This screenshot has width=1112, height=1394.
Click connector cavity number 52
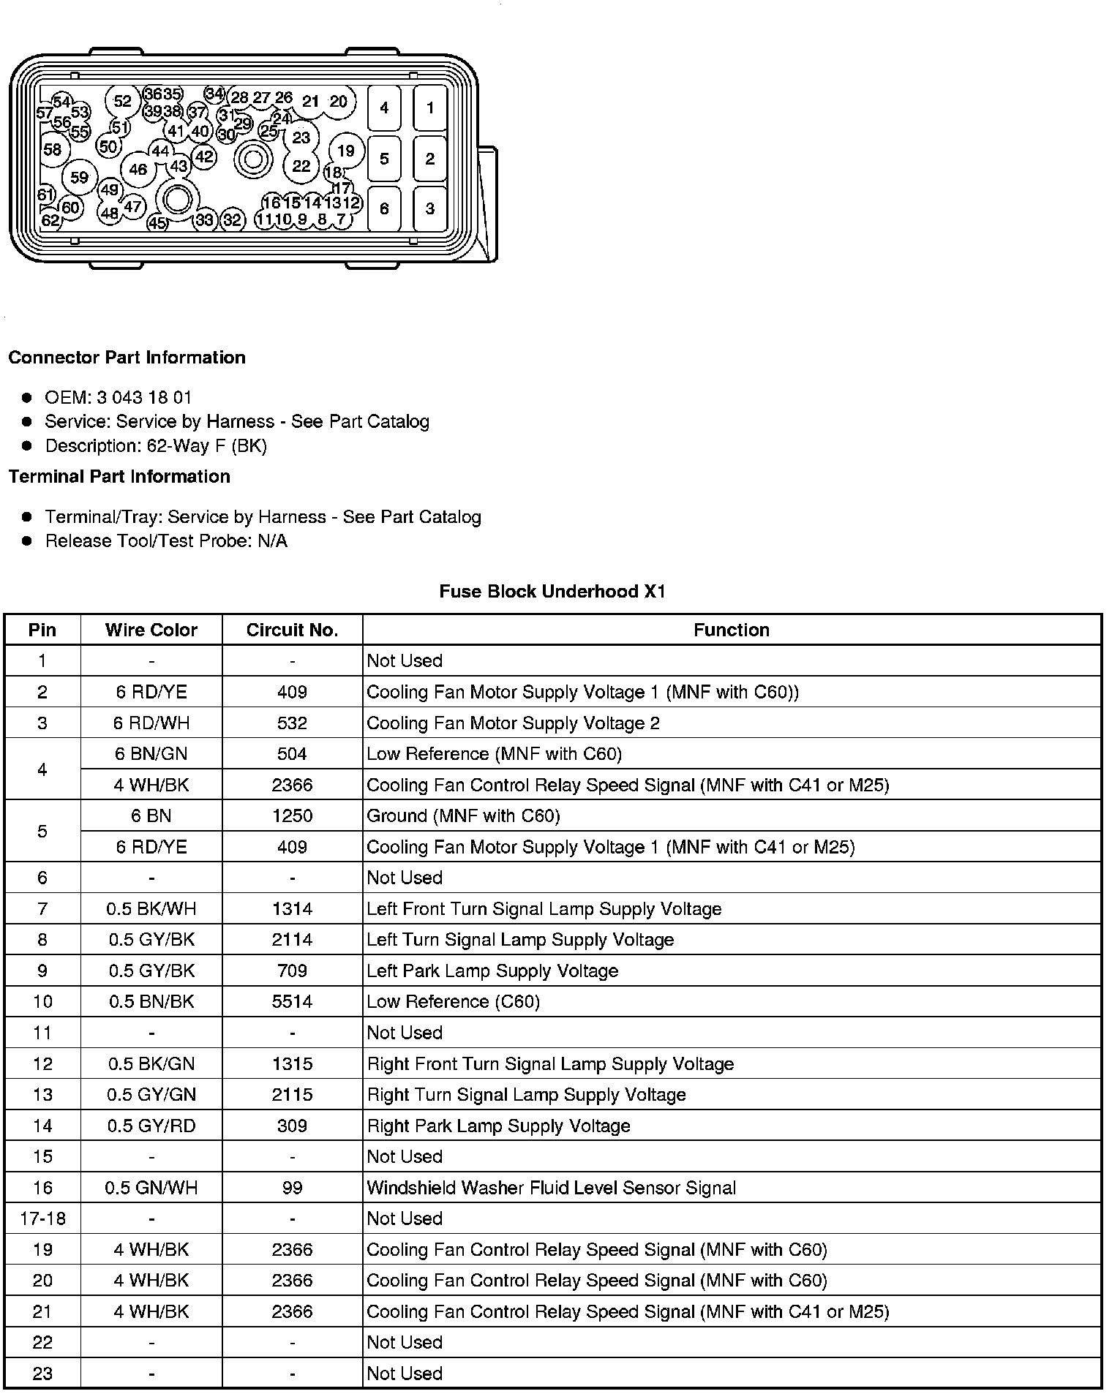coord(123,101)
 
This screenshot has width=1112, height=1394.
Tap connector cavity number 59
coord(80,177)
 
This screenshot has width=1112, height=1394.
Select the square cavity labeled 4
coord(384,108)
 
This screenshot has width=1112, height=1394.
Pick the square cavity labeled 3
coord(430,209)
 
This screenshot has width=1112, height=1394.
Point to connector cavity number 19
coord(345,151)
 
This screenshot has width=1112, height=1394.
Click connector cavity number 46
coord(138,170)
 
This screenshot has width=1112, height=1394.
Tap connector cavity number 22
coord(301,166)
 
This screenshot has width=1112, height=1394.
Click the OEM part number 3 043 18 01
coord(143,398)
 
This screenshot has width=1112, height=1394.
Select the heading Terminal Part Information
coord(119,477)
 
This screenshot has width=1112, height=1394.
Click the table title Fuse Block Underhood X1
coord(552,592)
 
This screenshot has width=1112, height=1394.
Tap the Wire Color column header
coord(151,630)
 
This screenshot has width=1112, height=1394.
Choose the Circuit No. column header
coord(292,630)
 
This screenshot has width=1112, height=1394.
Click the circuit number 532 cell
coord(292,723)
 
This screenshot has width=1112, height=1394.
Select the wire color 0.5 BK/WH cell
coord(151,909)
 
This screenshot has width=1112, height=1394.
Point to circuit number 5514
coord(292,1002)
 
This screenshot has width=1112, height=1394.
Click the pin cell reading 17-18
coord(42,1218)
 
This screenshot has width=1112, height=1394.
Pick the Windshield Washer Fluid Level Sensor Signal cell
coord(551,1188)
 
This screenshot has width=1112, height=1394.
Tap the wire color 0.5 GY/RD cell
coord(151,1126)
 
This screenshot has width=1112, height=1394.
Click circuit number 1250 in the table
coord(292,816)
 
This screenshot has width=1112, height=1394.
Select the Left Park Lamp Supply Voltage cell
coord(492,971)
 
